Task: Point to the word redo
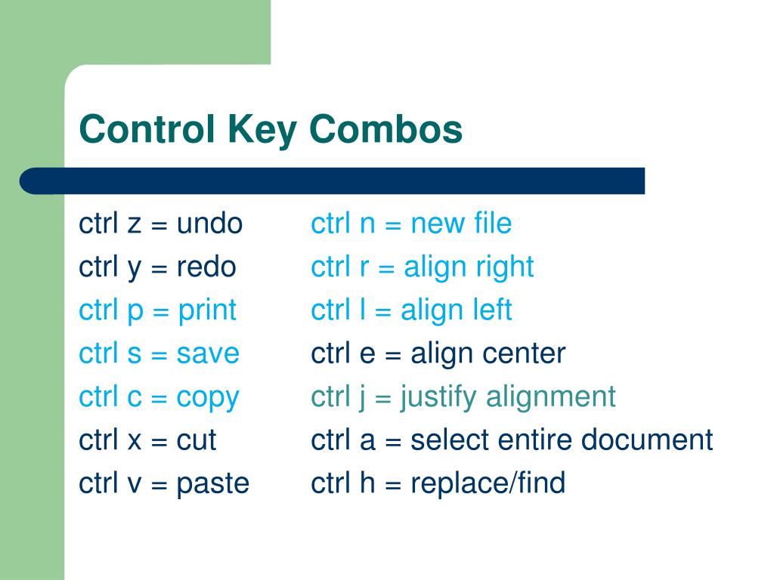point(206,267)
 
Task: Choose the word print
point(207,310)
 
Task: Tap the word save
point(208,353)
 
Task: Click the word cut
point(197,440)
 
